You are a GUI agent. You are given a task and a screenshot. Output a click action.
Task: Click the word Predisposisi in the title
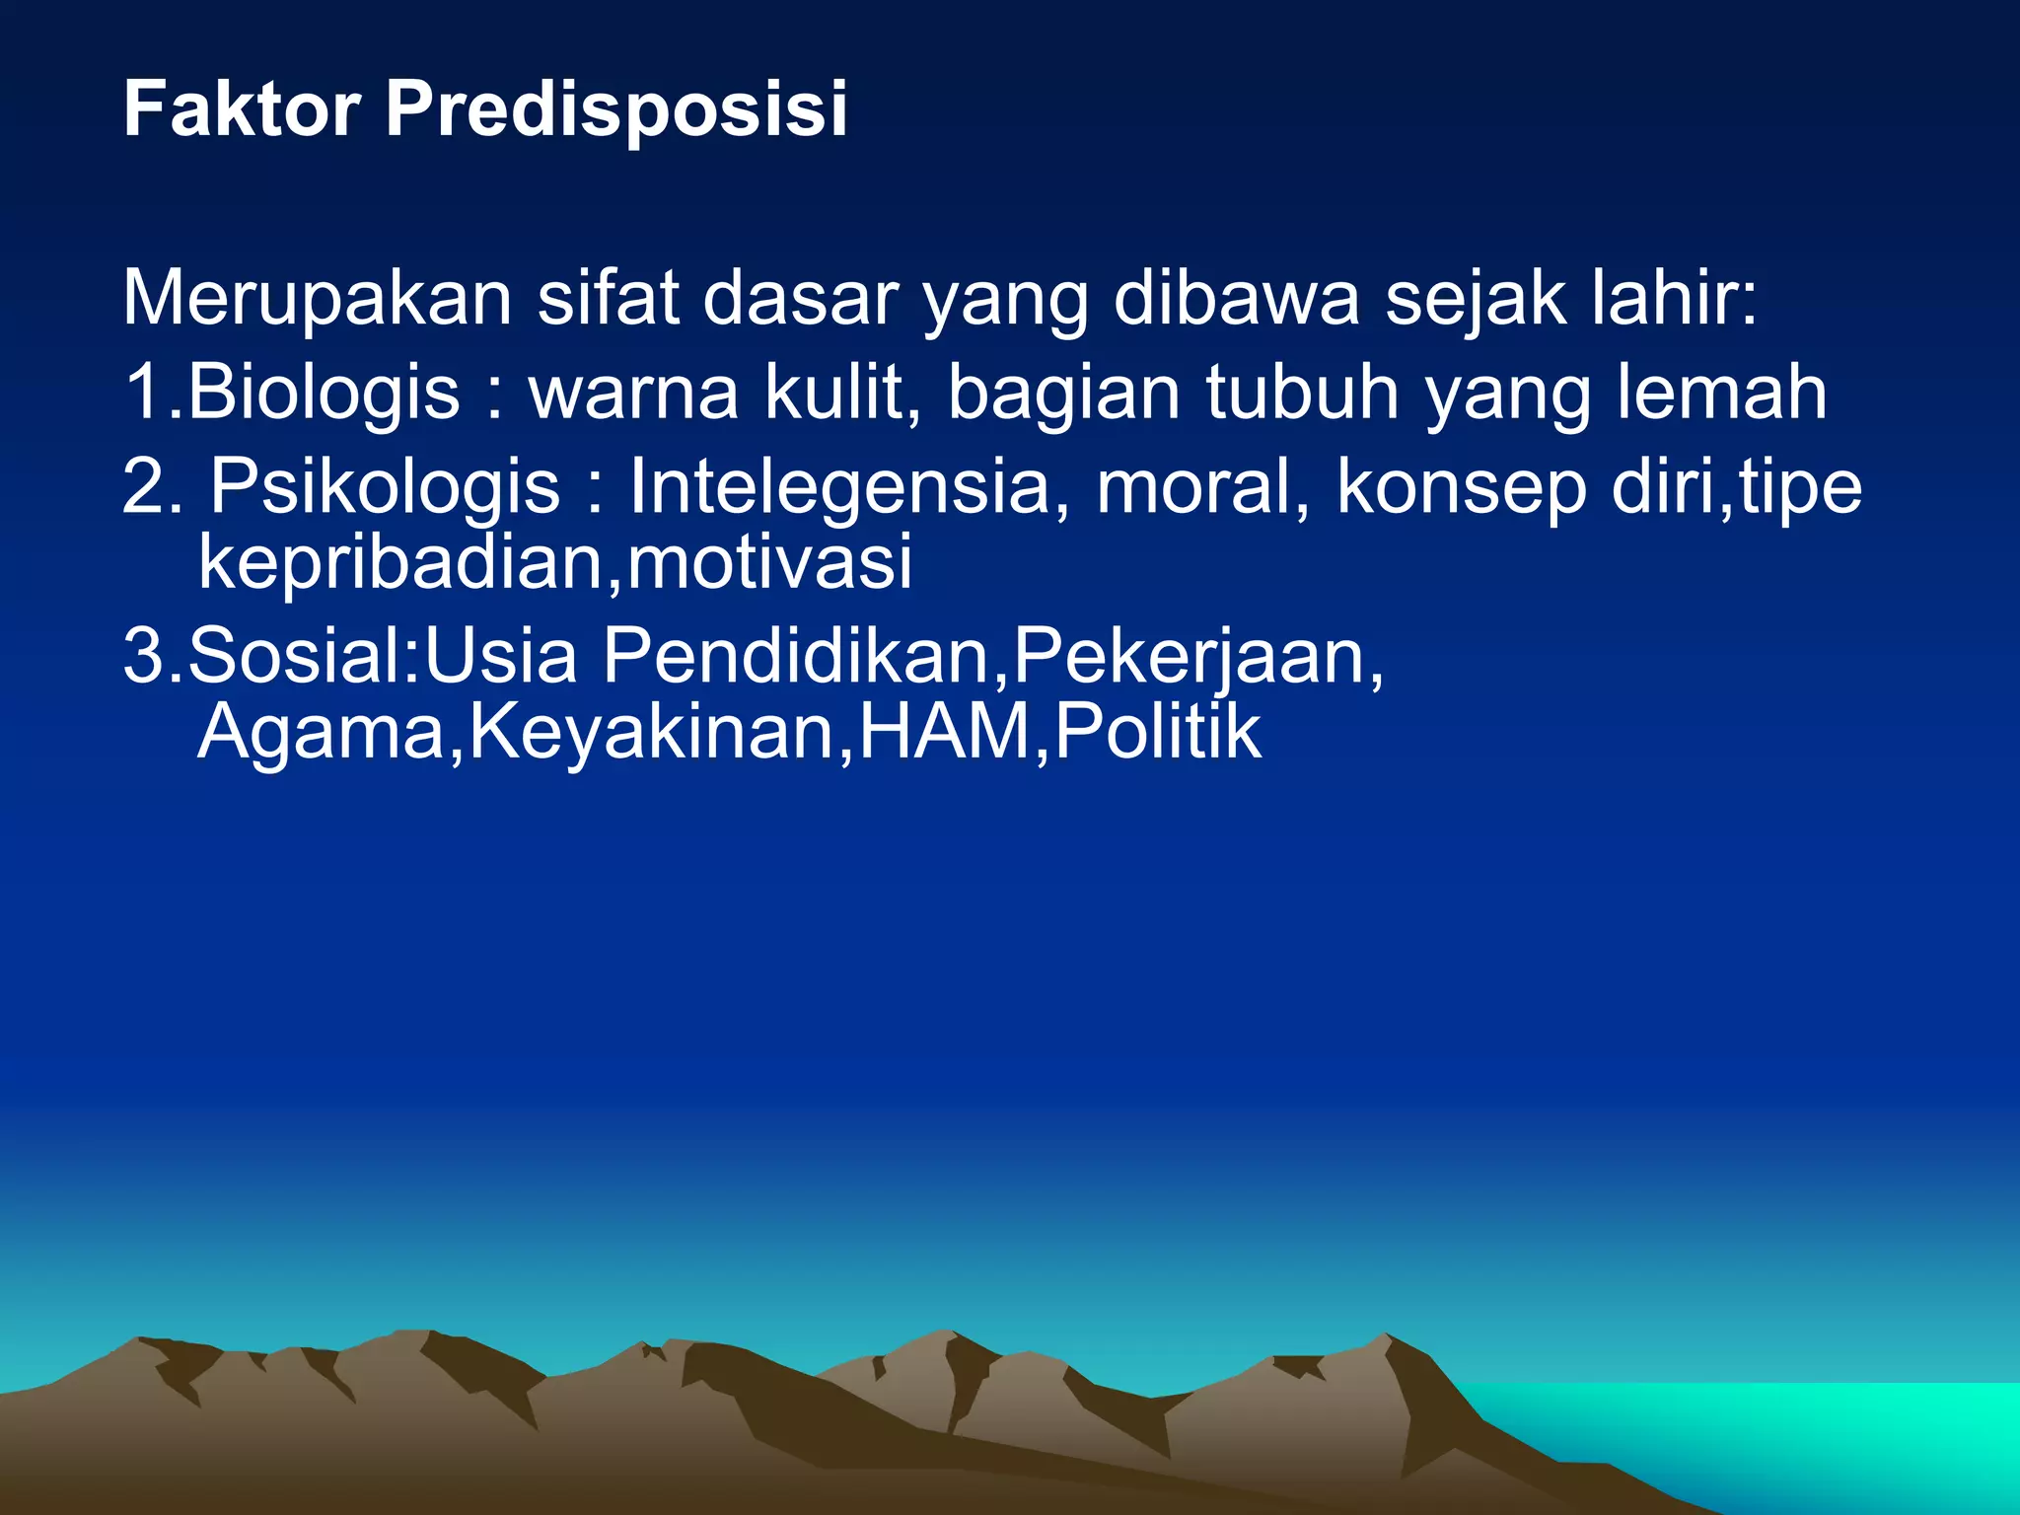(x=615, y=110)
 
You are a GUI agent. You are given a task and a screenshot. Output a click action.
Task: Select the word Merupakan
(x=317, y=300)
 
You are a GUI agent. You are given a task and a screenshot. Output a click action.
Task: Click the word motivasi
(x=769, y=562)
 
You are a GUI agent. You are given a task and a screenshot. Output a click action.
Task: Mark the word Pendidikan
(x=795, y=656)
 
